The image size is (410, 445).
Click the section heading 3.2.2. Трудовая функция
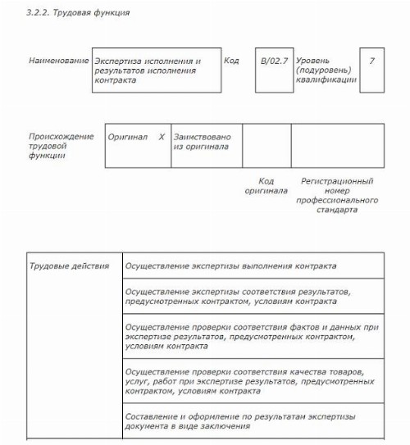click(x=79, y=14)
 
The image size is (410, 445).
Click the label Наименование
click(x=58, y=61)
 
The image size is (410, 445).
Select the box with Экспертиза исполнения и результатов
click(x=156, y=70)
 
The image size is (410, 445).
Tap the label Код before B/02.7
click(x=231, y=61)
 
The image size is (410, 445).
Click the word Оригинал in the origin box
click(x=127, y=137)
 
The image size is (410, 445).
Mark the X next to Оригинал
click(x=162, y=137)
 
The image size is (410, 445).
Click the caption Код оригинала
click(x=266, y=186)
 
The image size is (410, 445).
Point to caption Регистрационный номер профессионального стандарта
click(x=337, y=195)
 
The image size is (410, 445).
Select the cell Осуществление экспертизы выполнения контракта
click(x=251, y=266)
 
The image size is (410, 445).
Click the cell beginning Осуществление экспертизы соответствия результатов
click(x=251, y=296)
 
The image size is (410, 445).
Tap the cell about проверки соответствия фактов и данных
click(x=251, y=336)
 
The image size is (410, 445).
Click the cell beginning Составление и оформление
click(x=251, y=421)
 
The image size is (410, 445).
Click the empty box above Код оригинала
click(x=266, y=146)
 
